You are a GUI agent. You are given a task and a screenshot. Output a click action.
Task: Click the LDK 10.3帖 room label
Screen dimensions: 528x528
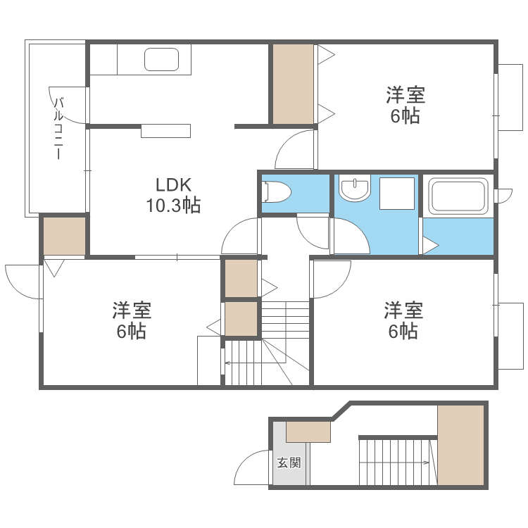coord(173,195)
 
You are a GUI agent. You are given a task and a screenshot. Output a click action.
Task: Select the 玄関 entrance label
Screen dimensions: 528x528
coord(289,463)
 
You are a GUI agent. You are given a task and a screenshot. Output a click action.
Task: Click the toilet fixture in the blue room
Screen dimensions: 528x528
coord(275,191)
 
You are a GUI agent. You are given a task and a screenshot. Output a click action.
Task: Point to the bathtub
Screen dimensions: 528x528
coord(458,196)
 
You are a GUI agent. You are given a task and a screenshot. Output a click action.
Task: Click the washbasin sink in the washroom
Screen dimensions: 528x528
coord(354,189)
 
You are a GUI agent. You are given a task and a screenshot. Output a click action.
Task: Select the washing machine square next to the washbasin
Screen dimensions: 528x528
coord(396,193)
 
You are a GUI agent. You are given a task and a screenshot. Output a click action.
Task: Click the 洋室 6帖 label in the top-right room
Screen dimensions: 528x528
coord(405,105)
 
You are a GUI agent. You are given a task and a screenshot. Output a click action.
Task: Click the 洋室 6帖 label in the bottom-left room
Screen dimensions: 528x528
coord(132,320)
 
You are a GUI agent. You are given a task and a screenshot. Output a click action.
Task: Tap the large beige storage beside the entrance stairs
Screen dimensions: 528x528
coord(461,445)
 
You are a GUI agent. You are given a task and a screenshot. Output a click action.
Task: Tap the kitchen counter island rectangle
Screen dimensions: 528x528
coord(165,131)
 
